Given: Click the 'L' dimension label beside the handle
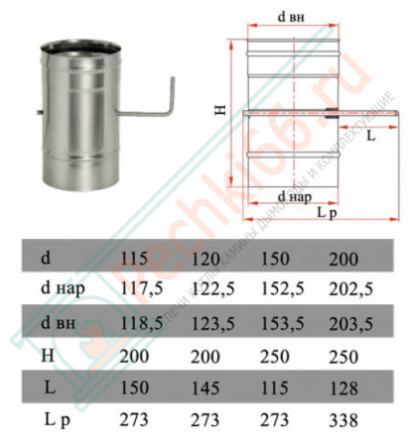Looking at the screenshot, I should point(370,136).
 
